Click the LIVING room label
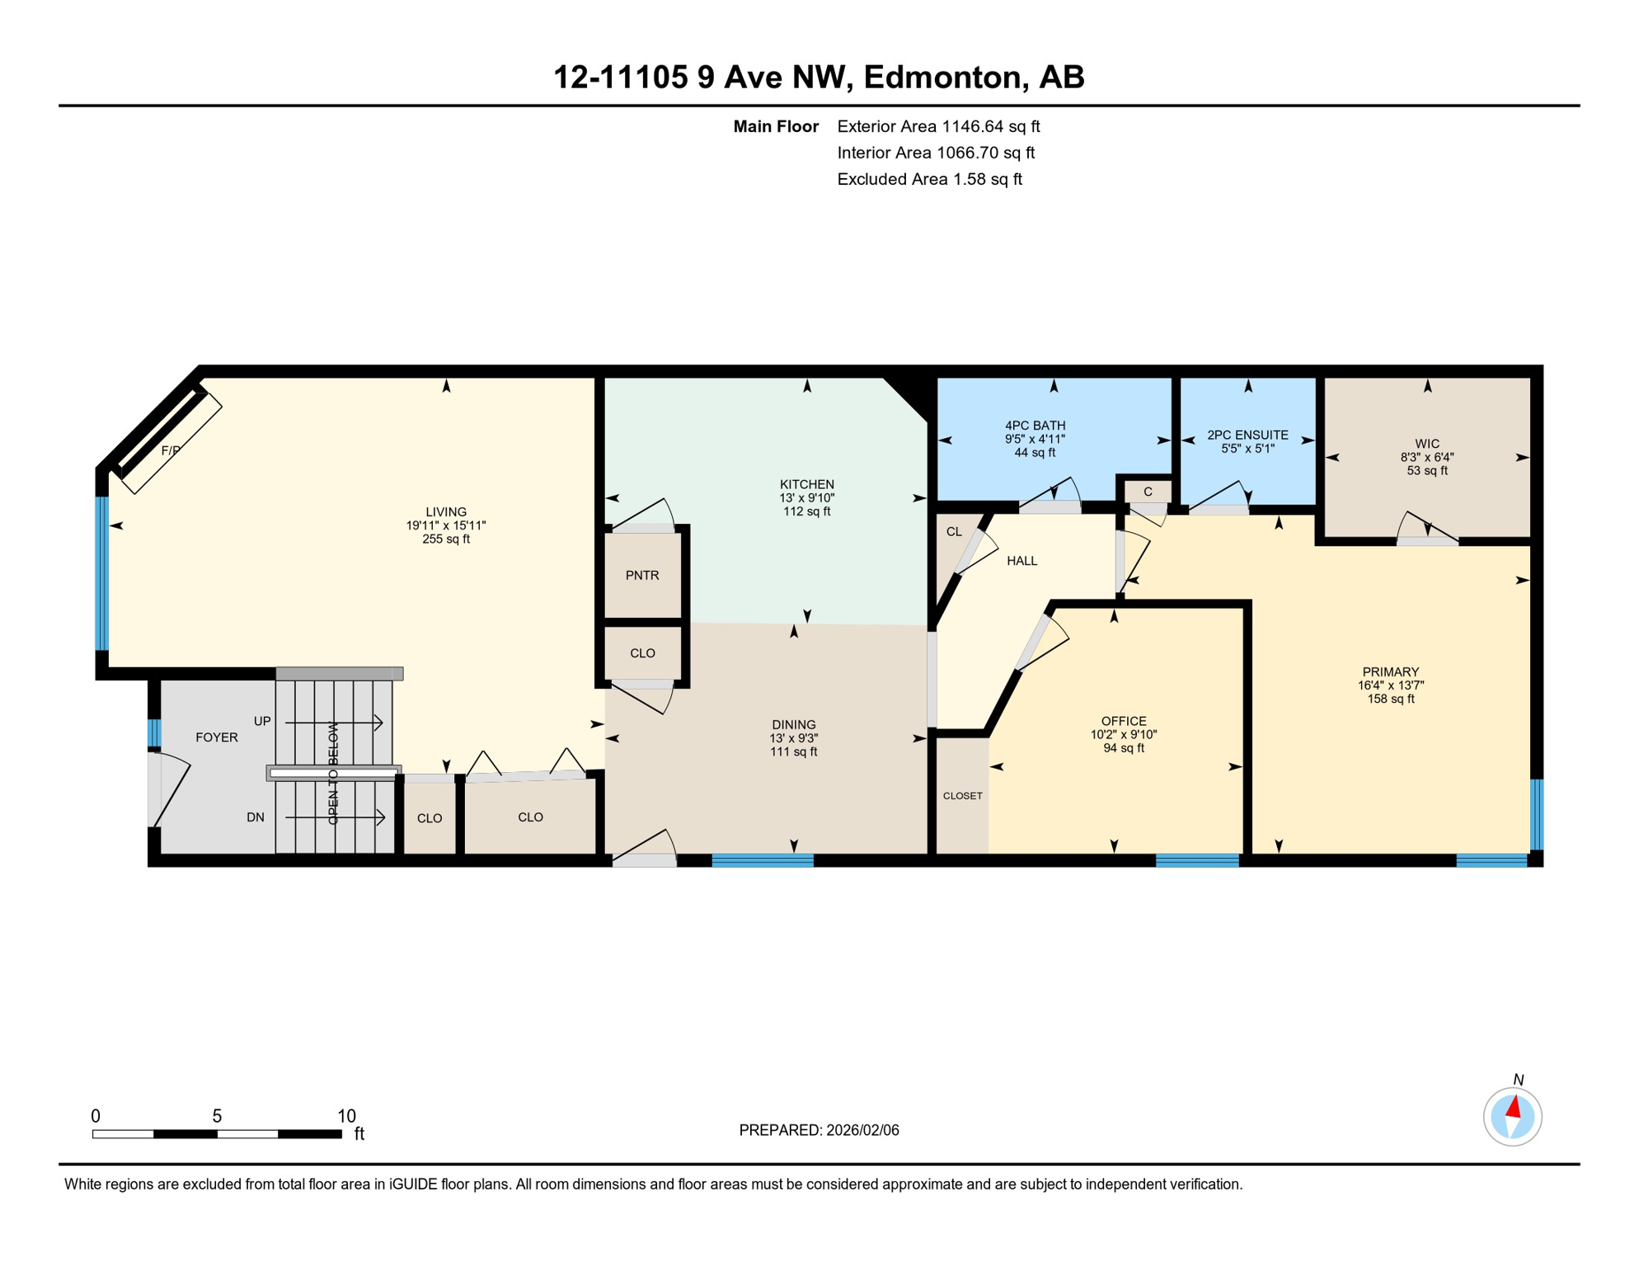446,512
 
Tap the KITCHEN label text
807,484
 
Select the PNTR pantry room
642,576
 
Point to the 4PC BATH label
1035,426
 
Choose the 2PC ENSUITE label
1247,435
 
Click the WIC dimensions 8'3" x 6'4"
1427,457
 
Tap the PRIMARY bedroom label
1391,672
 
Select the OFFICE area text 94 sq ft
1124,748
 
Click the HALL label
1021,561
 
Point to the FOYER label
217,737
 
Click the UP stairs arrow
334,723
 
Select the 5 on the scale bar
217,1116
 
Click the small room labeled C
1148,492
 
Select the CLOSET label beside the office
962,796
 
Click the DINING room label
793,725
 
